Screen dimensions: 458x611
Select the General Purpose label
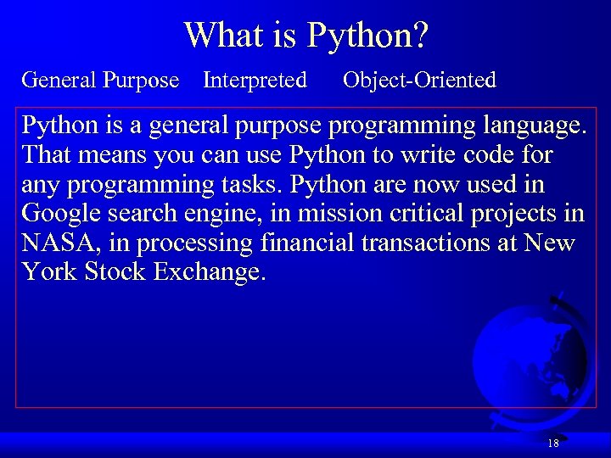100,81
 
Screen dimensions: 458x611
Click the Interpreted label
255,81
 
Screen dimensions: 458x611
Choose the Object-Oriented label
419,81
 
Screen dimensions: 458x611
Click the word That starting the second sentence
47,155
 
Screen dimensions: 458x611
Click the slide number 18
553,444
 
